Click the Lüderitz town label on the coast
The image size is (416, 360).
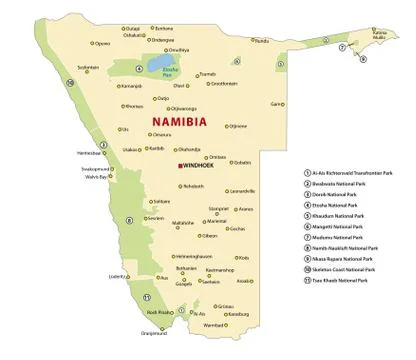(118, 275)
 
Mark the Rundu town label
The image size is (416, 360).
(261, 41)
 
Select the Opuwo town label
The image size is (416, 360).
(103, 43)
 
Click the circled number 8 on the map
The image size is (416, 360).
(129, 220)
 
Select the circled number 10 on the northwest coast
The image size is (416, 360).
(70, 83)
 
